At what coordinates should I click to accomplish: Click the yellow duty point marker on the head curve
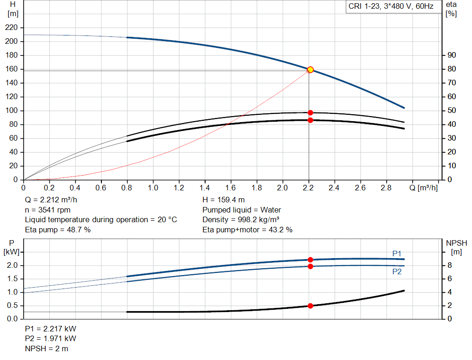(x=310, y=70)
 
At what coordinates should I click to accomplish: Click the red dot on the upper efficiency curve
(x=310, y=112)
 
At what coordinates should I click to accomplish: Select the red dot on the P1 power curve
(x=310, y=260)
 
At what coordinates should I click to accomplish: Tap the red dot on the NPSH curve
(x=310, y=306)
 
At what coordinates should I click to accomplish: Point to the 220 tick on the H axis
(x=12, y=28)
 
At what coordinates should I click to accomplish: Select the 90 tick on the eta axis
(x=452, y=55)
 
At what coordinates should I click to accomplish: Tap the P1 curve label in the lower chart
(x=397, y=254)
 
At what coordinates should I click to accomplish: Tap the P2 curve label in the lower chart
(x=397, y=272)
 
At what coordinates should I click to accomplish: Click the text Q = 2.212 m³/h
(x=52, y=200)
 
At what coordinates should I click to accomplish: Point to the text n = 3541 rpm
(x=47, y=210)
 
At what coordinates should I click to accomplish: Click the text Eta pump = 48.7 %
(x=58, y=230)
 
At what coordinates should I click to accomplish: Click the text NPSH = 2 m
(x=47, y=348)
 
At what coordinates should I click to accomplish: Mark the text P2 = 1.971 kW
(x=51, y=339)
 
